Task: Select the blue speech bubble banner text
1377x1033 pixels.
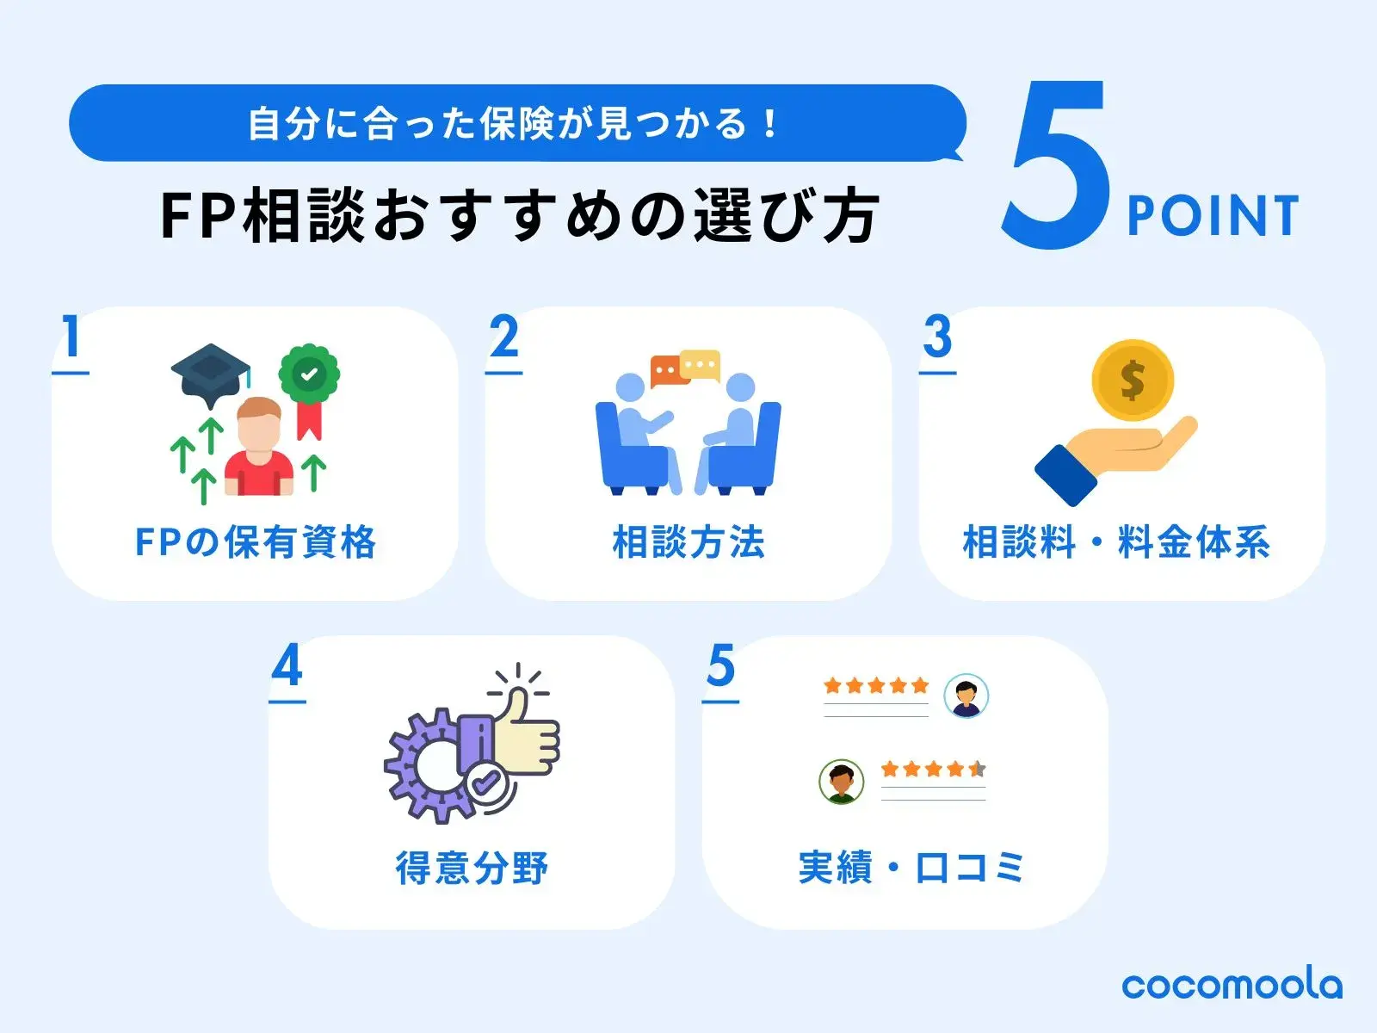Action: point(515,123)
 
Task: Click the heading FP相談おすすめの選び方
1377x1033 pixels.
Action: point(519,215)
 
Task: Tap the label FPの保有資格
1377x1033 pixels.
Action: point(256,542)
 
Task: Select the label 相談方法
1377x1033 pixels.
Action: point(688,542)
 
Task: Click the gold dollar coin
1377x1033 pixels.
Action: point(1132,380)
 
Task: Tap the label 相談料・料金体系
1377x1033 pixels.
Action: point(1117,542)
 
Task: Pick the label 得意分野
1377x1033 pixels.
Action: point(472,868)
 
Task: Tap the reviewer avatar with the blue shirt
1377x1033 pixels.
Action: point(966,696)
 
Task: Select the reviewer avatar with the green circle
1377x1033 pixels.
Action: point(841,781)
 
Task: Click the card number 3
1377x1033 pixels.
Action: point(937,337)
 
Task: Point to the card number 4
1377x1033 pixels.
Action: point(287,666)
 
